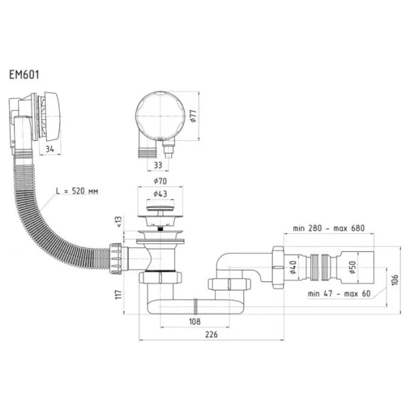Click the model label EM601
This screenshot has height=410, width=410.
24,75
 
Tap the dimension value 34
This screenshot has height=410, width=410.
50,149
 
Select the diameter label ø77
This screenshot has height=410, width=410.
193,116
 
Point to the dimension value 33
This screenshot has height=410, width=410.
158,165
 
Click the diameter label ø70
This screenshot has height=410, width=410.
160,181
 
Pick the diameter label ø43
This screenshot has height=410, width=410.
160,193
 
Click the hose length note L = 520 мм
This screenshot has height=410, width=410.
77,191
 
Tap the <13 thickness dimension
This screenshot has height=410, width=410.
119,222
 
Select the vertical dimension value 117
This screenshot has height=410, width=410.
119,294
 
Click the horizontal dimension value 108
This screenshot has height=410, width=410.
195,322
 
